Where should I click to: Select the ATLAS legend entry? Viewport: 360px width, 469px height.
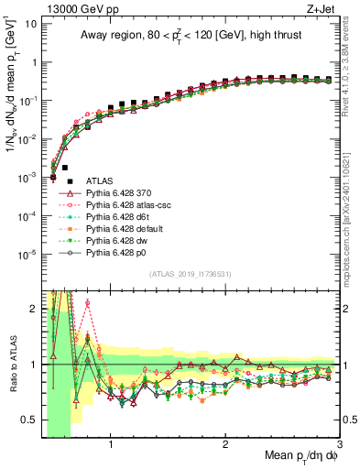[102, 181]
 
